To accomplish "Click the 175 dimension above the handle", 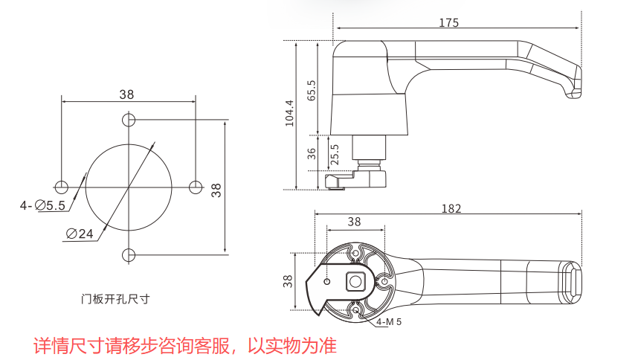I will (x=448, y=22).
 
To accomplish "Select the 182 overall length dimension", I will (x=451, y=208).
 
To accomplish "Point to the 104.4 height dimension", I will (x=290, y=113).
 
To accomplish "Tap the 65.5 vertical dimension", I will (x=312, y=89).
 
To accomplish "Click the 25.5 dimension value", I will (x=335, y=153).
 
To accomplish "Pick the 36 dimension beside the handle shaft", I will (x=312, y=153).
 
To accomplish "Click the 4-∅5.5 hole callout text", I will (x=43, y=205).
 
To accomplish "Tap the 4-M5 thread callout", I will (x=389, y=322).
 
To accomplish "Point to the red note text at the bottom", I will (x=185, y=345).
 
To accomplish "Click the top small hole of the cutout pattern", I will (x=129, y=119).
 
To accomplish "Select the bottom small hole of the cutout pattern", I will (x=129, y=254).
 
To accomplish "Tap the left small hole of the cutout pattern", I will (x=62, y=187).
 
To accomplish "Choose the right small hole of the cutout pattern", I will (x=196, y=187).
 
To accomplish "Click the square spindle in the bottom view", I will (x=355, y=282).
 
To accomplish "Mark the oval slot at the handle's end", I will (x=575, y=283).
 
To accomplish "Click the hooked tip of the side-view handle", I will (x=574, y=91).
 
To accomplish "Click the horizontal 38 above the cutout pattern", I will (x=126, y=94).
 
